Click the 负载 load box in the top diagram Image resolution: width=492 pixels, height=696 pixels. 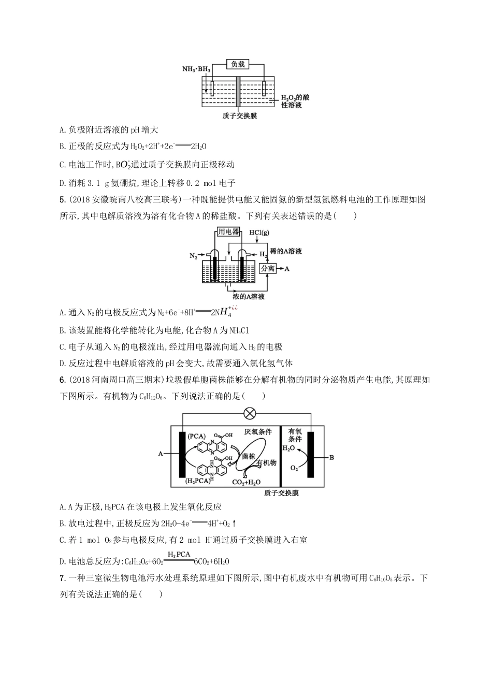(238, 64)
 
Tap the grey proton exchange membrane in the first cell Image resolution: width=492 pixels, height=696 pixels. (238, 92)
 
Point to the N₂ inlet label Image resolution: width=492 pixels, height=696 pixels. (193, 256)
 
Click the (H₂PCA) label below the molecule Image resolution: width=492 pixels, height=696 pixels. (198, 481)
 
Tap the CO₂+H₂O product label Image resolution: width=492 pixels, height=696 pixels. (245, 482)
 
